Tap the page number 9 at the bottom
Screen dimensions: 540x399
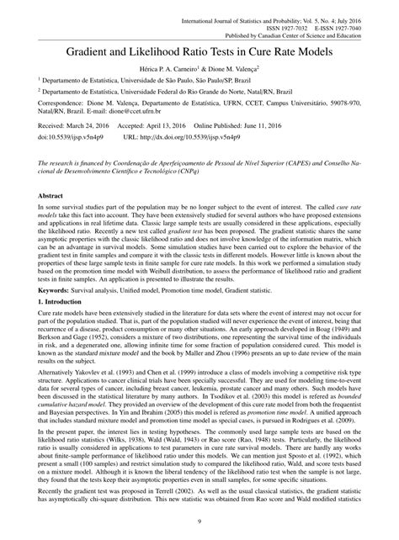[199, 525]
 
